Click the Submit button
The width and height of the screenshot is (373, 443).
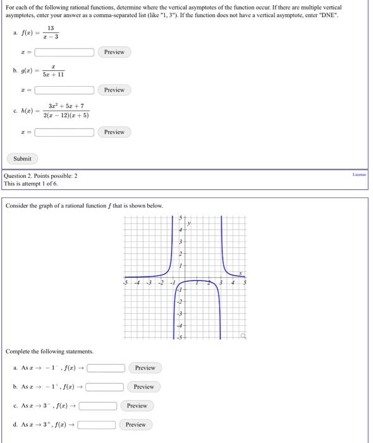(x=22, y=158)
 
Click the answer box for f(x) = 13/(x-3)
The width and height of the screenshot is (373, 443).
(x=64, y=52)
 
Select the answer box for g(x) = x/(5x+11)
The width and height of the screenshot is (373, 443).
(x=64, y=90)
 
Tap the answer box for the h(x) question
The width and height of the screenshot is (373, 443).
(x=64, y=132)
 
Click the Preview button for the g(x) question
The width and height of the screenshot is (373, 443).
(x=114, y=90)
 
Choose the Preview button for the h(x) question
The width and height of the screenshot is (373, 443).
(x=114, y=132)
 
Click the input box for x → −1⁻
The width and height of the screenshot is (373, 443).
(x=106, y=368)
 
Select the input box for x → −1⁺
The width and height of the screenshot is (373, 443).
(x=105, y=387)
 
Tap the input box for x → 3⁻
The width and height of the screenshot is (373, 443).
(x=98, y=406)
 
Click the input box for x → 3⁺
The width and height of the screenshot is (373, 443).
(x=97, y=425)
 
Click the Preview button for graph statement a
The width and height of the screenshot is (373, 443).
(x=145, y=368)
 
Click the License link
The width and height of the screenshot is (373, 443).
(x=360, y=173)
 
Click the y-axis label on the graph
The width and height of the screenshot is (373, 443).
(x=188, y=223)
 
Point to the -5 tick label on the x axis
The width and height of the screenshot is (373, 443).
(x=126, y=283)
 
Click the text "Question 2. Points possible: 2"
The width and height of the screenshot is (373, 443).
(x=41, y=176)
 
